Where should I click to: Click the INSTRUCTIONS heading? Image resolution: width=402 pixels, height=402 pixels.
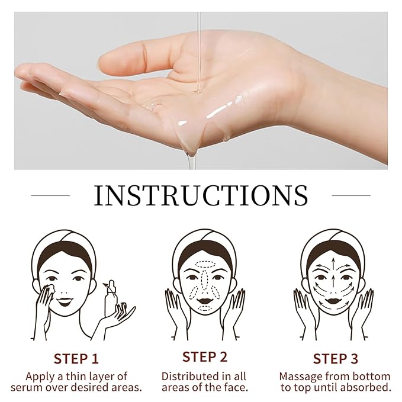pos(201,195)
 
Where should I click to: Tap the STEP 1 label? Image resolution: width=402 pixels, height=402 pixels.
pos(76,359)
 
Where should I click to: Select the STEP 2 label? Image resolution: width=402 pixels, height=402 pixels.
pos(205,356)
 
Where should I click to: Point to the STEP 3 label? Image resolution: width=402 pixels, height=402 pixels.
pos(335,359)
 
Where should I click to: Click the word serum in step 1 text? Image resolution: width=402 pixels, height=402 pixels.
pos(27,387)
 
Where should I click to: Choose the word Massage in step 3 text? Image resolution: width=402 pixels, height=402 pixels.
pos(301,377)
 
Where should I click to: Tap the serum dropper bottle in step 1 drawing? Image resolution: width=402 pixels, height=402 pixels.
pos(110,298)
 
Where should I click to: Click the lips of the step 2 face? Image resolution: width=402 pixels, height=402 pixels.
pos(204,300)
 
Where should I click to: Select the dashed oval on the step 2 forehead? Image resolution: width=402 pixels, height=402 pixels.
pos(204,264)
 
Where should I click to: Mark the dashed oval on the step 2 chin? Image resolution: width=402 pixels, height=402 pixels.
pos(204,308)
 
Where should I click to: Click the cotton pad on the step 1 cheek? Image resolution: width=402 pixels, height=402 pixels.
pos(51,288)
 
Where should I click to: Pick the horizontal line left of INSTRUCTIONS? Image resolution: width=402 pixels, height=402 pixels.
pos(50,195)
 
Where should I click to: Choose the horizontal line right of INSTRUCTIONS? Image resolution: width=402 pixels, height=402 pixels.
pos(351,195)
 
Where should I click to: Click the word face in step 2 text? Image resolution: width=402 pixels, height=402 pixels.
pos(236,387)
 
